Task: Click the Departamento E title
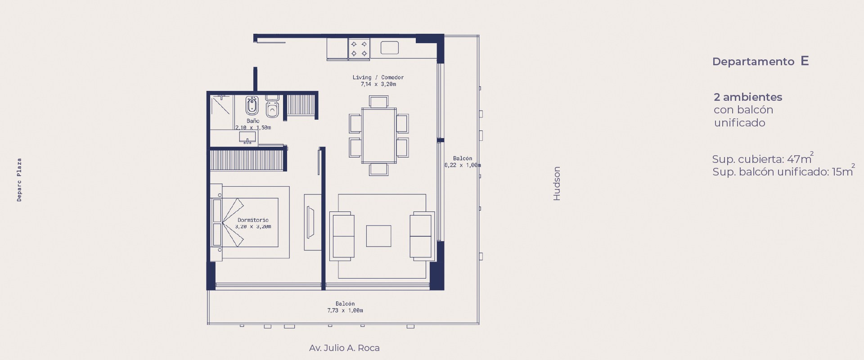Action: [760, 61]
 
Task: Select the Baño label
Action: [253, 121]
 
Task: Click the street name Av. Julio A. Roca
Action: [344, 348]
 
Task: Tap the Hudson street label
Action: [557, 184]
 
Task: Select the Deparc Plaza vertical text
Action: [19, 180]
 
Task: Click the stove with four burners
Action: [359, 49]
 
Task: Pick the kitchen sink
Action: [390, 48]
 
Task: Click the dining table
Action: [379, 135]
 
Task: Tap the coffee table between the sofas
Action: [378, 236]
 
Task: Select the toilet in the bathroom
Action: [272, 107]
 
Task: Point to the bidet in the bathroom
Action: [252, 106]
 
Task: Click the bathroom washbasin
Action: [247, 137]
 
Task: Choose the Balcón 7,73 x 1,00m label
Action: [345, 307]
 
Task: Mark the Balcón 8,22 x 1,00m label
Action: [463, 162]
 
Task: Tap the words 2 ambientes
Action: [748, 97]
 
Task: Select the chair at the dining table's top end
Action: [378, 101]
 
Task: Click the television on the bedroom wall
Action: [310, 222]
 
